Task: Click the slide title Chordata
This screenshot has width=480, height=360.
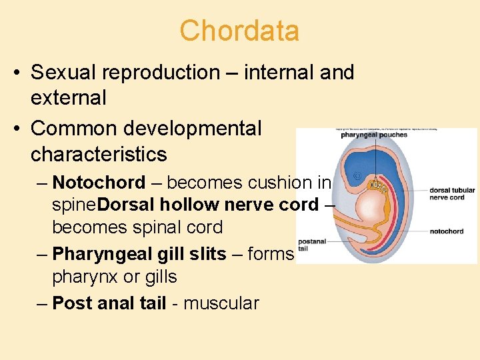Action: coord(239,31)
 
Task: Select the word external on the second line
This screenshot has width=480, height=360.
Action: coord(69,98)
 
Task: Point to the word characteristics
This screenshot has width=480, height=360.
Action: coord(99,154)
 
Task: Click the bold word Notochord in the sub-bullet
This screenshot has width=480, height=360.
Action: coord(99,183)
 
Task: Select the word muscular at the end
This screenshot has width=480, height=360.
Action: coord(221,303)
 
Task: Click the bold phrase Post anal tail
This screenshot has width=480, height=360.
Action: coord(109,303)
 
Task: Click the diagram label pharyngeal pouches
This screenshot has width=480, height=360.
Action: coord(374,135)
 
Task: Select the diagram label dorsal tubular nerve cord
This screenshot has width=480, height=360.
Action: coord(451,193)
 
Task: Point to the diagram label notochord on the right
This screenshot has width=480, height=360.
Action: coord(447,231)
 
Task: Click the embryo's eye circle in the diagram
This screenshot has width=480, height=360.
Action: coord(357,177)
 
